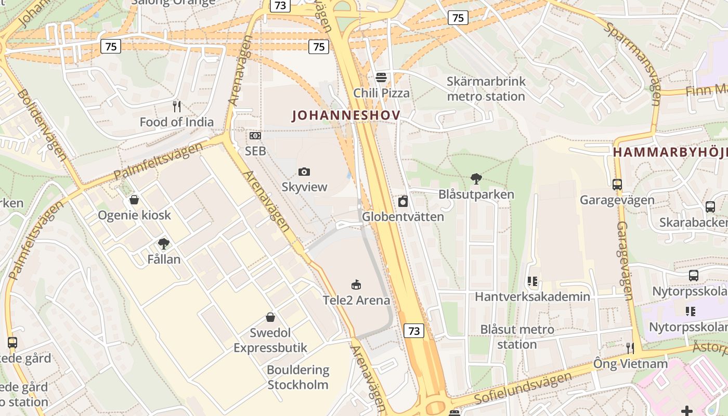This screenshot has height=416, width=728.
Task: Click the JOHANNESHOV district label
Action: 346,115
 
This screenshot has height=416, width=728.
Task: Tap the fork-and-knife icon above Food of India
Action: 177,107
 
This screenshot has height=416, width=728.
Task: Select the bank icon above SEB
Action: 255,136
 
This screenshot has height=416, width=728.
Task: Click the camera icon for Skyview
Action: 304,172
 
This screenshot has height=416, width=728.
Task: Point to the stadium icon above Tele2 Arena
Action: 356,284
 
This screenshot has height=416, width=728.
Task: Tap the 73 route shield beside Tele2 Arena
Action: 414,331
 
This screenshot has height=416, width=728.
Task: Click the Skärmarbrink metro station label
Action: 486,89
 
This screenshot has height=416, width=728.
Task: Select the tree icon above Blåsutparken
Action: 476,179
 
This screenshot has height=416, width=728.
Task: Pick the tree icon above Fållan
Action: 164,243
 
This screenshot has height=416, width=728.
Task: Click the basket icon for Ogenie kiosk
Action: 134,200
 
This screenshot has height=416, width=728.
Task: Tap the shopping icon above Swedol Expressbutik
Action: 270,317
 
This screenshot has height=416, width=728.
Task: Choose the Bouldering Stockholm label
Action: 298,378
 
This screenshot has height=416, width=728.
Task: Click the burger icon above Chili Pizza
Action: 381,77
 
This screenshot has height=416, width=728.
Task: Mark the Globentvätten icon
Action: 403,201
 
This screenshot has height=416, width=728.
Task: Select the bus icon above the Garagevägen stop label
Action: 617,185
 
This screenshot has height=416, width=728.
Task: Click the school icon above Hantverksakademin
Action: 532,281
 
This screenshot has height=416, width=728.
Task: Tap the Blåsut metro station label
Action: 517,337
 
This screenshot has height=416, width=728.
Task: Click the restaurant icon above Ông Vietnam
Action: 630,348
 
